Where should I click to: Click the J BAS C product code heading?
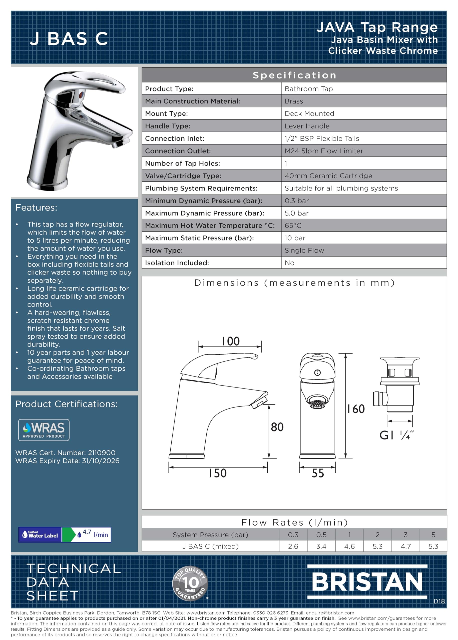click(x=69, y=38)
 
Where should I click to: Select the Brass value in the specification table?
click(x=294, y=101)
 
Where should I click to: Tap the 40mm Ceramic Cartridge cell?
click(x=328, y=176)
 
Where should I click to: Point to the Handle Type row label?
click(x=168, y=126)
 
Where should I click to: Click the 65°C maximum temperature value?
click(x=293, y=225)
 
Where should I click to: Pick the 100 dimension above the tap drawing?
click(x=231, y=341)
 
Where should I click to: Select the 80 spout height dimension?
click(x=277, y=427)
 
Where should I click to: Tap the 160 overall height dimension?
click(x=356, y=409)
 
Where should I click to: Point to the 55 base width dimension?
click(x=318, y=473)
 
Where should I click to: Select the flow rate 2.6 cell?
click(x=293, y=546)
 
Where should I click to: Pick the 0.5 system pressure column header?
click(x=321, y=534)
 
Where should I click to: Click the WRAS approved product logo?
click(x=44, y=430)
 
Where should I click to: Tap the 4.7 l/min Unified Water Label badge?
click(x=65, y=534)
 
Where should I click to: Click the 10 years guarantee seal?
click(x=190, y=583)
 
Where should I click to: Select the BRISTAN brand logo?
click(x=367, y=582)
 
